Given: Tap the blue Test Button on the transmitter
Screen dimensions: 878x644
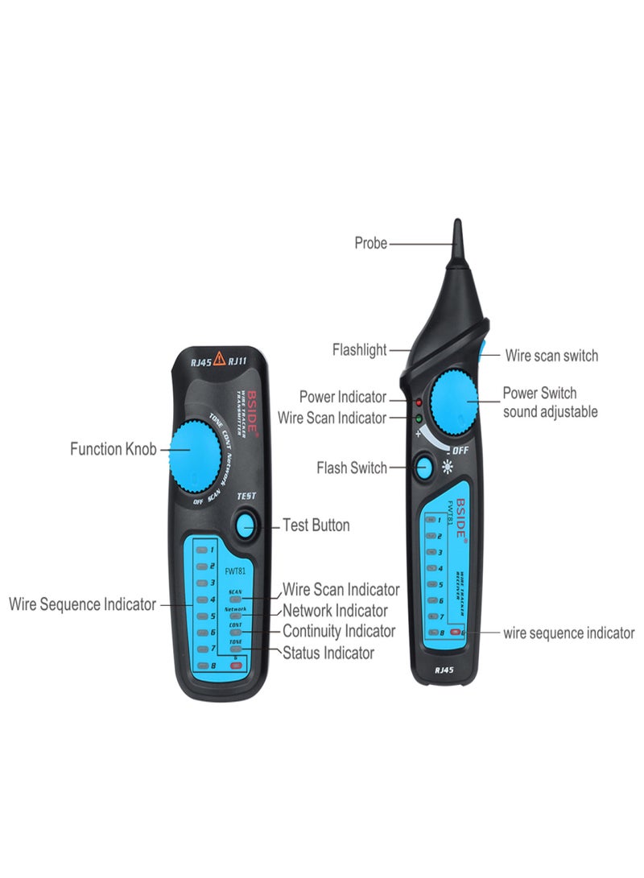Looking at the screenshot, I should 246,526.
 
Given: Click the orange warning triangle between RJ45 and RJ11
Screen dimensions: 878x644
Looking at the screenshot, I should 219,360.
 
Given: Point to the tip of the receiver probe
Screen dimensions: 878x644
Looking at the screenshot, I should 457,223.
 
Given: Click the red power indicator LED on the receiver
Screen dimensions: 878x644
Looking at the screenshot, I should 419,401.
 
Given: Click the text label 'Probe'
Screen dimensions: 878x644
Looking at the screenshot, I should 370,243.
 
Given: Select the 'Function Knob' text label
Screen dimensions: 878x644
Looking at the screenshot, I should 113,449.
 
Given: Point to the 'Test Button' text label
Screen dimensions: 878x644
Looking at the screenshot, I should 316,526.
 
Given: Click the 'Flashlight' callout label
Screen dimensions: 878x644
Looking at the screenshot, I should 359,350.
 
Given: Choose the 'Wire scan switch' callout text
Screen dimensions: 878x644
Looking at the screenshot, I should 551,356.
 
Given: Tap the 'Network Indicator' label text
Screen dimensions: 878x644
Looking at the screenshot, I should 335,611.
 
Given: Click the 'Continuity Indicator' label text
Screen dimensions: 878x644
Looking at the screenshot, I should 339,632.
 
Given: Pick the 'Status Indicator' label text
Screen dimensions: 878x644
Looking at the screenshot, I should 328,653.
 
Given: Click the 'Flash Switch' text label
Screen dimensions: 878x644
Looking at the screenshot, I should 352,468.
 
